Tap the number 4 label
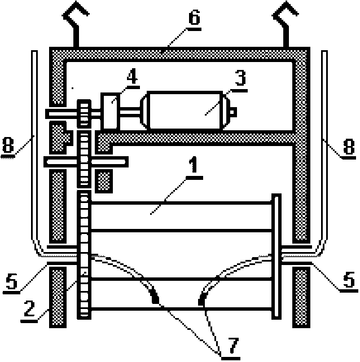(131, 77)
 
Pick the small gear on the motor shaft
(84, 113)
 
